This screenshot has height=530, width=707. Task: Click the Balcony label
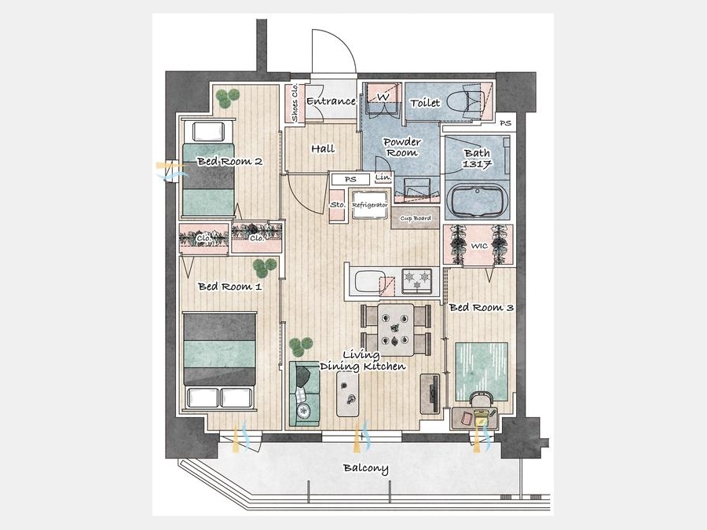[365, 468]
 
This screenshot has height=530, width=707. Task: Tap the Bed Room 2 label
[230, 161]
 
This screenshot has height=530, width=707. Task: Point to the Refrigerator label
[370, 205]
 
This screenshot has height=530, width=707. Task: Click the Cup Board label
[416, 218]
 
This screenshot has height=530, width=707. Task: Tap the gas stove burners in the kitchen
[417, 280]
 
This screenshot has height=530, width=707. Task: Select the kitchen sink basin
[369, 281]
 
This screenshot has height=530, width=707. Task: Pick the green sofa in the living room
[304, 393]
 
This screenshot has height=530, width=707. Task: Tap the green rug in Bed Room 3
[482, 371]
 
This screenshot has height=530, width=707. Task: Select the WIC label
[479, 246]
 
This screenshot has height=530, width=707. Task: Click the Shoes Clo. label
[295, 103]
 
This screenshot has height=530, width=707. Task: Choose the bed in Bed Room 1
[220, 360]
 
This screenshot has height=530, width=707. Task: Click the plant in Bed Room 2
[227, 98]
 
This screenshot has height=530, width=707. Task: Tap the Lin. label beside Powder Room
[383, 177]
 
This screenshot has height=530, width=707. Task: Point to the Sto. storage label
[338, 205]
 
